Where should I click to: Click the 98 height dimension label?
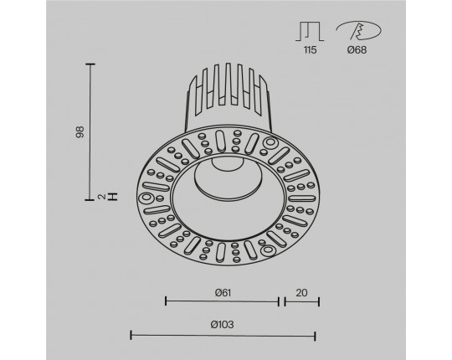click(x=80, y=132)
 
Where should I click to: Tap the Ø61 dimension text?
click(x=223, y=293)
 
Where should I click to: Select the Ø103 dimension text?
click(x=222, y=325)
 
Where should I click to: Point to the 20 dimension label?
click(x=301, y=293)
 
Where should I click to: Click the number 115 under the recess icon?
click(x=310, y=50)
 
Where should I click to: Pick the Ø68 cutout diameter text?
click(x=357, y=50)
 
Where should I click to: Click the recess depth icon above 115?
click(x=310, y=31)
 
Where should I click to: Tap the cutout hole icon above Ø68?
click(x=358, y=30)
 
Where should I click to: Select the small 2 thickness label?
click(x=101, y=197)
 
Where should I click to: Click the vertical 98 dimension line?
click(x=90, y=132)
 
